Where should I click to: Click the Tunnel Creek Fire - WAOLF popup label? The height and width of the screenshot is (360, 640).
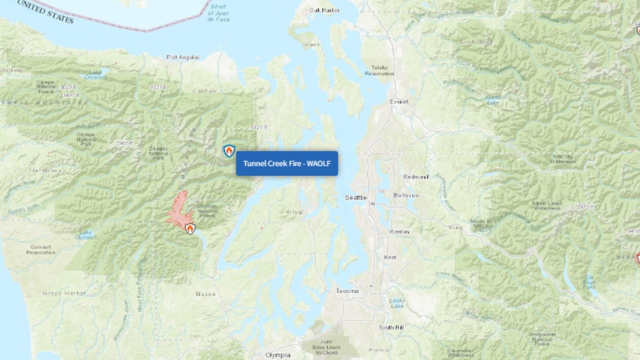pos(287,164)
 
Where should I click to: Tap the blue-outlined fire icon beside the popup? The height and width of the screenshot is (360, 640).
pos(229,151)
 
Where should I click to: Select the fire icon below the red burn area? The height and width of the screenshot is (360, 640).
pos(190,229)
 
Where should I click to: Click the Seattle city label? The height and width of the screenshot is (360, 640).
pos(356,198)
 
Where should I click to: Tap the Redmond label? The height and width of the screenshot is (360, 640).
pos(416,177)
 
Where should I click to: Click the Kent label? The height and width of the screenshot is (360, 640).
pos(390,257)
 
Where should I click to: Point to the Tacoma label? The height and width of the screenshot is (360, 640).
pos(347,291)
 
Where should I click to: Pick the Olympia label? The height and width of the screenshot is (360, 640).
pos(278,355)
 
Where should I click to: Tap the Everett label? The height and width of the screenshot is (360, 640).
pos(400,101)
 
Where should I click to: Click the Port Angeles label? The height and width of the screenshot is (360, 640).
pos(182,58)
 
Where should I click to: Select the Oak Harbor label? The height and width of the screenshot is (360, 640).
pos(325,10)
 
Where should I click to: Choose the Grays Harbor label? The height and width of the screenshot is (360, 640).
pos(64,293)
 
